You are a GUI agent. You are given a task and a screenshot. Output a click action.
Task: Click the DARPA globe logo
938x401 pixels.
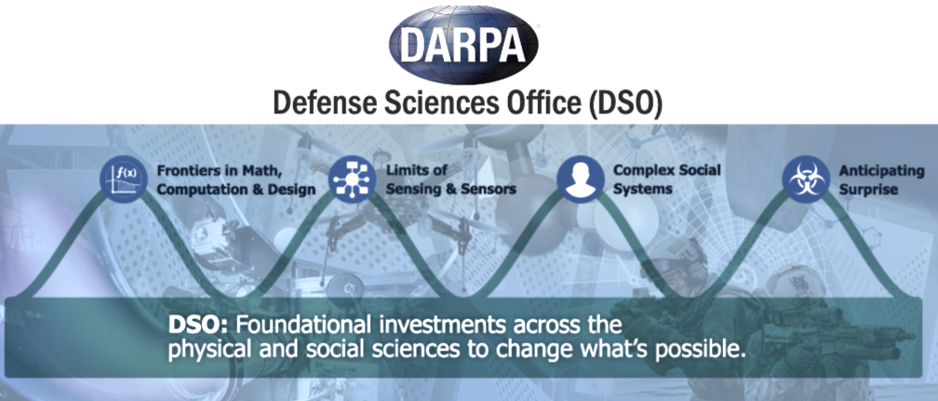click(463, 44)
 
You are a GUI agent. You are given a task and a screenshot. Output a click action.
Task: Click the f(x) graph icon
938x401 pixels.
click(124, 179)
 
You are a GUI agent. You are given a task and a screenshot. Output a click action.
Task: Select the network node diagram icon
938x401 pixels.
click(353, 179)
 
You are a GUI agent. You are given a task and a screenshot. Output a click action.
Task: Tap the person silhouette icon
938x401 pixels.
click(581, 179)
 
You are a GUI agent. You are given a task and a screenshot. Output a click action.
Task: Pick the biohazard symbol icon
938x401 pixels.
click(806, 179)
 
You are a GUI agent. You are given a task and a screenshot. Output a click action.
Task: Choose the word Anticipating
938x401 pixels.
click(882, 171)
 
